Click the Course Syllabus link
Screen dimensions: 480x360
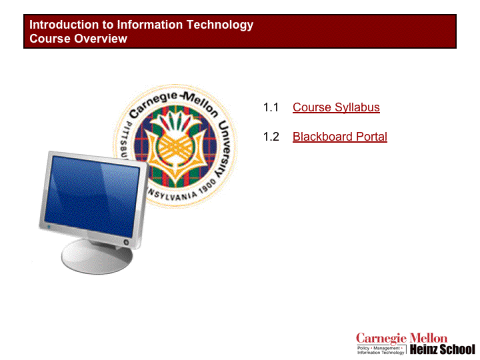pos(336,107)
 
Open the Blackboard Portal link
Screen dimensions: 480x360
pos(340,137)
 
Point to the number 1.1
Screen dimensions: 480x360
pos(271,107)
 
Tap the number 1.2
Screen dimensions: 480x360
pos(271,137)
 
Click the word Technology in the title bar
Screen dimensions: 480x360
pos(220,25)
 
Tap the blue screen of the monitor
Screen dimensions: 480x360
pos(92,196)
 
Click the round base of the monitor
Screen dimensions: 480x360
pos(97,257)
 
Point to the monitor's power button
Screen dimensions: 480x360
pos(126,242)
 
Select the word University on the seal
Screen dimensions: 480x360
pos(225,149)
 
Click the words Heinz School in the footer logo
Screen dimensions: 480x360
pos(443,349)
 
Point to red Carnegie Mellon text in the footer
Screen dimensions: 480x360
pos(401,339)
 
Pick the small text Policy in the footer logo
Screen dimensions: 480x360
pos(363,348)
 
